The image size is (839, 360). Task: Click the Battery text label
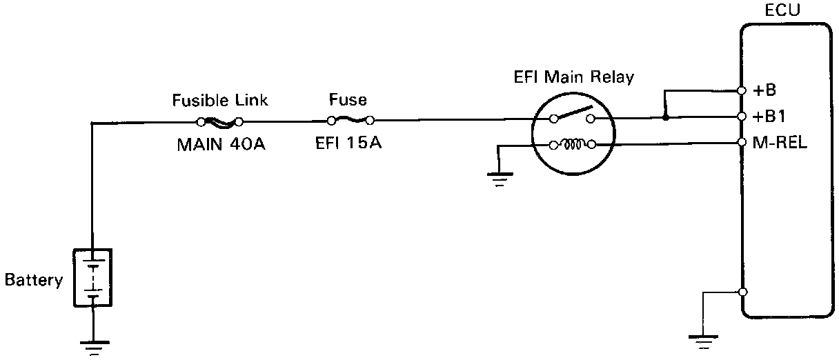[x=34, y=281]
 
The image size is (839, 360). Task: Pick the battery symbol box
[x=93, y=277]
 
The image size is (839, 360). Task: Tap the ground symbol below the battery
[x=93, y=346]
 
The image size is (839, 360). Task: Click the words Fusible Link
[x=219, y=101]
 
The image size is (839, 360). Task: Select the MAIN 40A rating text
[x=220, y=146]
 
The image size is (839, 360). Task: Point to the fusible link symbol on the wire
[x=219, y=123]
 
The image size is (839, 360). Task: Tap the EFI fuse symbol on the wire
[x=351, y=120]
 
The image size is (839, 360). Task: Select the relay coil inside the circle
[x=571, y=145]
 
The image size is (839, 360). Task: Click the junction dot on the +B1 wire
[x=665, y=119]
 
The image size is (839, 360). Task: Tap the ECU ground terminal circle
[x=742, y=292]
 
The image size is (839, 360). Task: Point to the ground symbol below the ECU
[x=703, y=338]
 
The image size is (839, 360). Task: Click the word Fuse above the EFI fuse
[x=348, y=101]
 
